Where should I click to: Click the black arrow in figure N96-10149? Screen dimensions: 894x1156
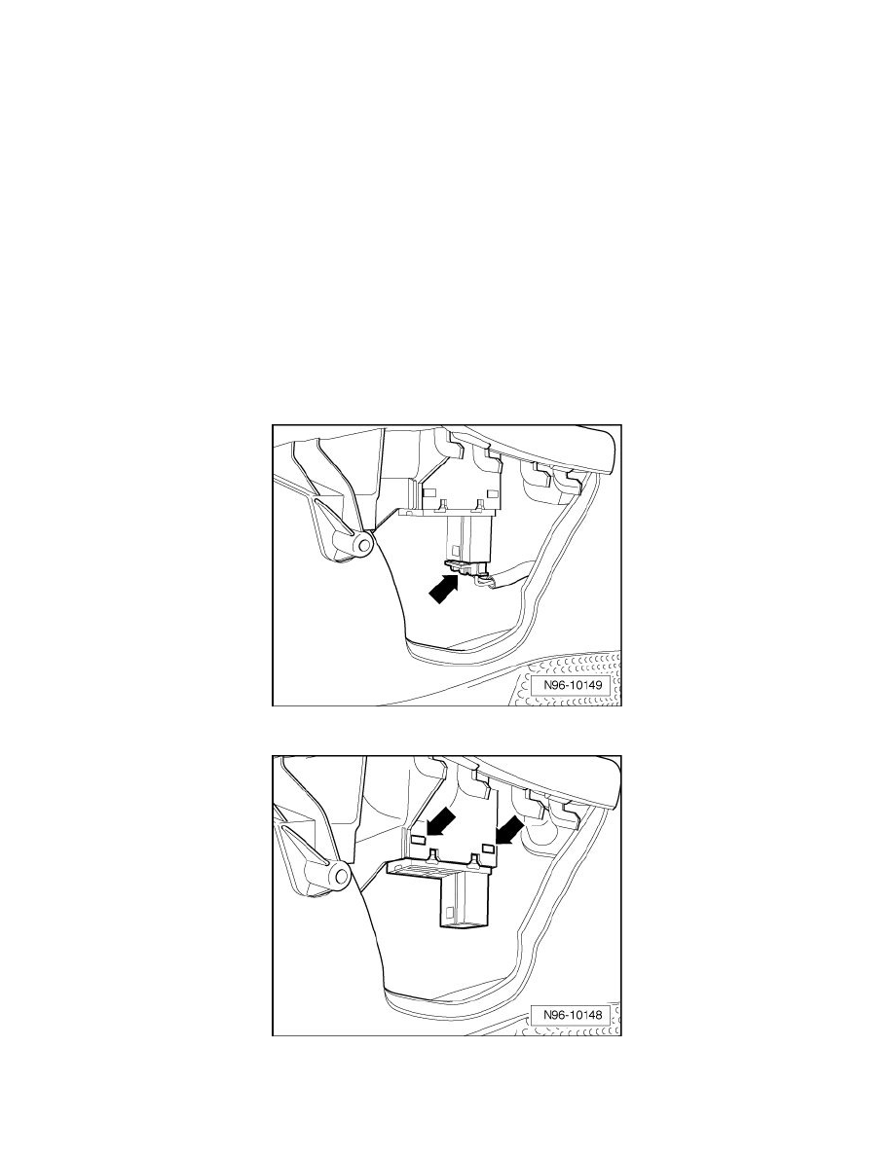pyautogui.click(x=444, y=589)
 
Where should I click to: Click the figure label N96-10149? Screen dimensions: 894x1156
pyautogui.click(x=574, y=685)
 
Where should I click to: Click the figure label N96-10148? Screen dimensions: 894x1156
pyautogui.click(x=574, y=1015)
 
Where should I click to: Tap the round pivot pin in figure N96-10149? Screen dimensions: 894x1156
pyautogui.click(x=361, y=544)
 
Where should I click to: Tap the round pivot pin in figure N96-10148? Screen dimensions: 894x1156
pyautogui.click(x=339, y=877)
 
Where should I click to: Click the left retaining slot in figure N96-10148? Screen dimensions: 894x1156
pyautogui.click(x=417, y=840)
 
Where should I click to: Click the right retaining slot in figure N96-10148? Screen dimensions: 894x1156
pyautogui.click(x=488, y=849)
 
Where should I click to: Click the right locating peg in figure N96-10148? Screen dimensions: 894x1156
pyautogui.click(x=472, y=859)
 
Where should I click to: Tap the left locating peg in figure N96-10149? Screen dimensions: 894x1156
pyautogui.click(x=444, y=505)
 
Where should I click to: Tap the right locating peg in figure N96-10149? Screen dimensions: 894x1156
pyautogui.click(x=481, y=505)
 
